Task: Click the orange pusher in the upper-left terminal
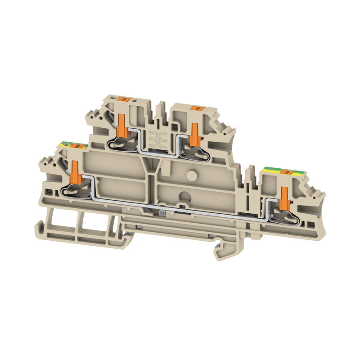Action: tap(121, 125)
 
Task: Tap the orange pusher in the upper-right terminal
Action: tap(194, 133)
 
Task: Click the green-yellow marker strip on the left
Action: tap(72, 145)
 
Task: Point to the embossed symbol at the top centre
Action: tap(159, 140)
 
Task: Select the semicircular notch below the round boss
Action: tap(184, 196)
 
